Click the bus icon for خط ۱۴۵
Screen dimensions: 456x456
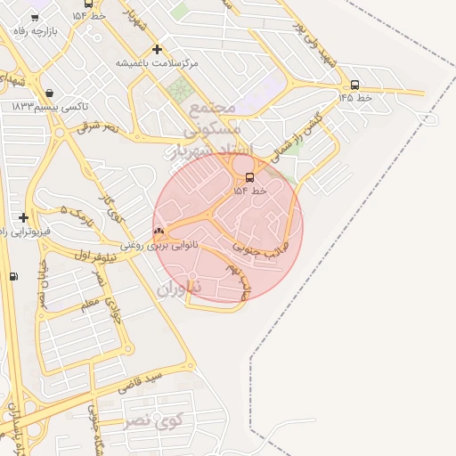(355, 85)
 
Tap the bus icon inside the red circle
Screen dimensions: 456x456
(248, 176)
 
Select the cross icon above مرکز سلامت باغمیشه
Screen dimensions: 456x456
(158, 50)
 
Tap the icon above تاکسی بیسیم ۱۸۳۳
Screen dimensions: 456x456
(48, 93)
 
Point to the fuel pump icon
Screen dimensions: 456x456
(12, 276)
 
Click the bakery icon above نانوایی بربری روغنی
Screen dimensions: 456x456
(159, 232)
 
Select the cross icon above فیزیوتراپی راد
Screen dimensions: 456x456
(23, 217)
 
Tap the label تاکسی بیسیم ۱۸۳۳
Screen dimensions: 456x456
(50, 107)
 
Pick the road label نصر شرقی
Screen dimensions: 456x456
(98, 127)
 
